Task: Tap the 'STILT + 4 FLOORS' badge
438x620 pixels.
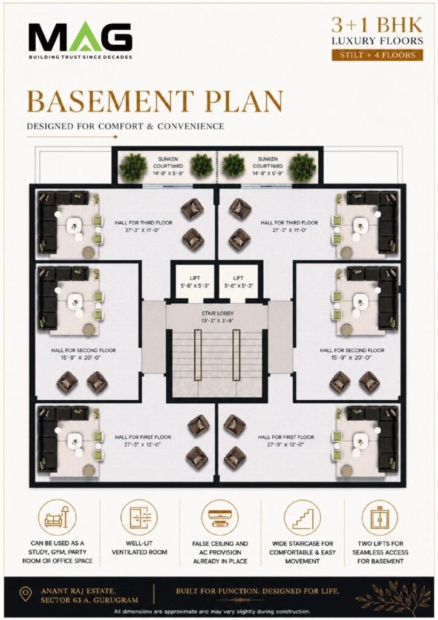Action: click(377, 55)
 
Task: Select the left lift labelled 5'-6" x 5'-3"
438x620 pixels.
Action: click(195, 282)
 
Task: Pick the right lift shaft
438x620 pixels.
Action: click(238, 282)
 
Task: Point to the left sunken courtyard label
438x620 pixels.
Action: click(168, 166)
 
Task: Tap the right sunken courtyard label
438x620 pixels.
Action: click(268, 166)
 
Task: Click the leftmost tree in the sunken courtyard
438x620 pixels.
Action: click(133, 167)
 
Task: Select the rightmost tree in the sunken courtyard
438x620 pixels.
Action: click(302, 167)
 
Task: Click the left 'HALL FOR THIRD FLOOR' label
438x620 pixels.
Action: click(143, 226)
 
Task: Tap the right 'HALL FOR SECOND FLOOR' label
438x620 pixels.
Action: click(352, 354)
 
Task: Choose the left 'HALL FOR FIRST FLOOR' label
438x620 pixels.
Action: click(143, 441)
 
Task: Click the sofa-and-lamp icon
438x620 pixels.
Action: click(57, 518)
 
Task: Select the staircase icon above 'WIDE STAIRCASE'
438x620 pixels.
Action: click(302, 518)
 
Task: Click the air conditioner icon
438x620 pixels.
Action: click(220, 518)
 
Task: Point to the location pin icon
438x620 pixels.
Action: click(25, 594)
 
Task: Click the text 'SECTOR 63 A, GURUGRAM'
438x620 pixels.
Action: click(90, 600)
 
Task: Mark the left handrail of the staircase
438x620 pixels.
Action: click(198, 355)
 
